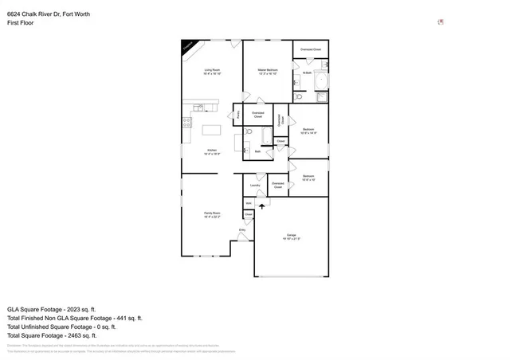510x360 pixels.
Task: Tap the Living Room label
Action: tap(211, 72)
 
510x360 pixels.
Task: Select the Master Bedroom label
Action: tap(268, 72)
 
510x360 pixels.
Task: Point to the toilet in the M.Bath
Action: tap(297, 97)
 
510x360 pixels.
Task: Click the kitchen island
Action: tap(211, 130)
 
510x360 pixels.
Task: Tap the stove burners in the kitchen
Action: tap(187, 123)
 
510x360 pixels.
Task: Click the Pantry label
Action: tap(238, 115)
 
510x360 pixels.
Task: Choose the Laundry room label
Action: tap(255, 186)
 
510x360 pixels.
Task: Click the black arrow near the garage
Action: tap(262, 206)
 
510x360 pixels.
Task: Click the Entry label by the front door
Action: tap(242, 229)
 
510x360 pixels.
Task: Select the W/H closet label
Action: tap(249, 203)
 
